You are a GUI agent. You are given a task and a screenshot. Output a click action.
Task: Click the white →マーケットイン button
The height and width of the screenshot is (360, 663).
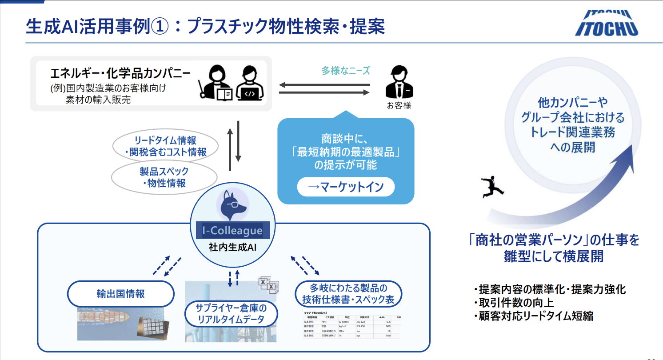click(x=346, y=187)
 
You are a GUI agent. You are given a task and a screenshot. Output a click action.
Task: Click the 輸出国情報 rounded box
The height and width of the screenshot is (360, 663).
click(x=120, y=294)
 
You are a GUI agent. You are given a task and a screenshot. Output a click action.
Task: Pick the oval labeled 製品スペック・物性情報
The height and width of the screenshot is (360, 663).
click(x=164, y=177)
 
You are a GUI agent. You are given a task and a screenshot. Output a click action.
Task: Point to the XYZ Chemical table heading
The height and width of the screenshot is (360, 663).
click(x=315, y=313)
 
